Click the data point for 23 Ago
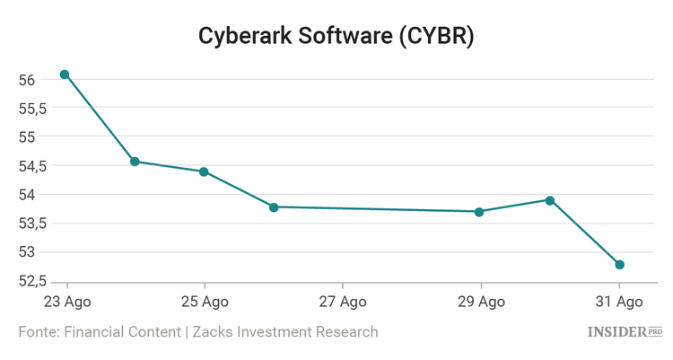point(65,75)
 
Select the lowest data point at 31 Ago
point(619,265)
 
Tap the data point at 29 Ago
point(479,212)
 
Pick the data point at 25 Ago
point(204,171)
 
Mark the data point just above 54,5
point(135,162)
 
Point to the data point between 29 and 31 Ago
point(549,200)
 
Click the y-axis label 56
point(27,80)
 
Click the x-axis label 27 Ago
point(343,301)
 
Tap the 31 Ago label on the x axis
point(619,301)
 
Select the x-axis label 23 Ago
point(66,301)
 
